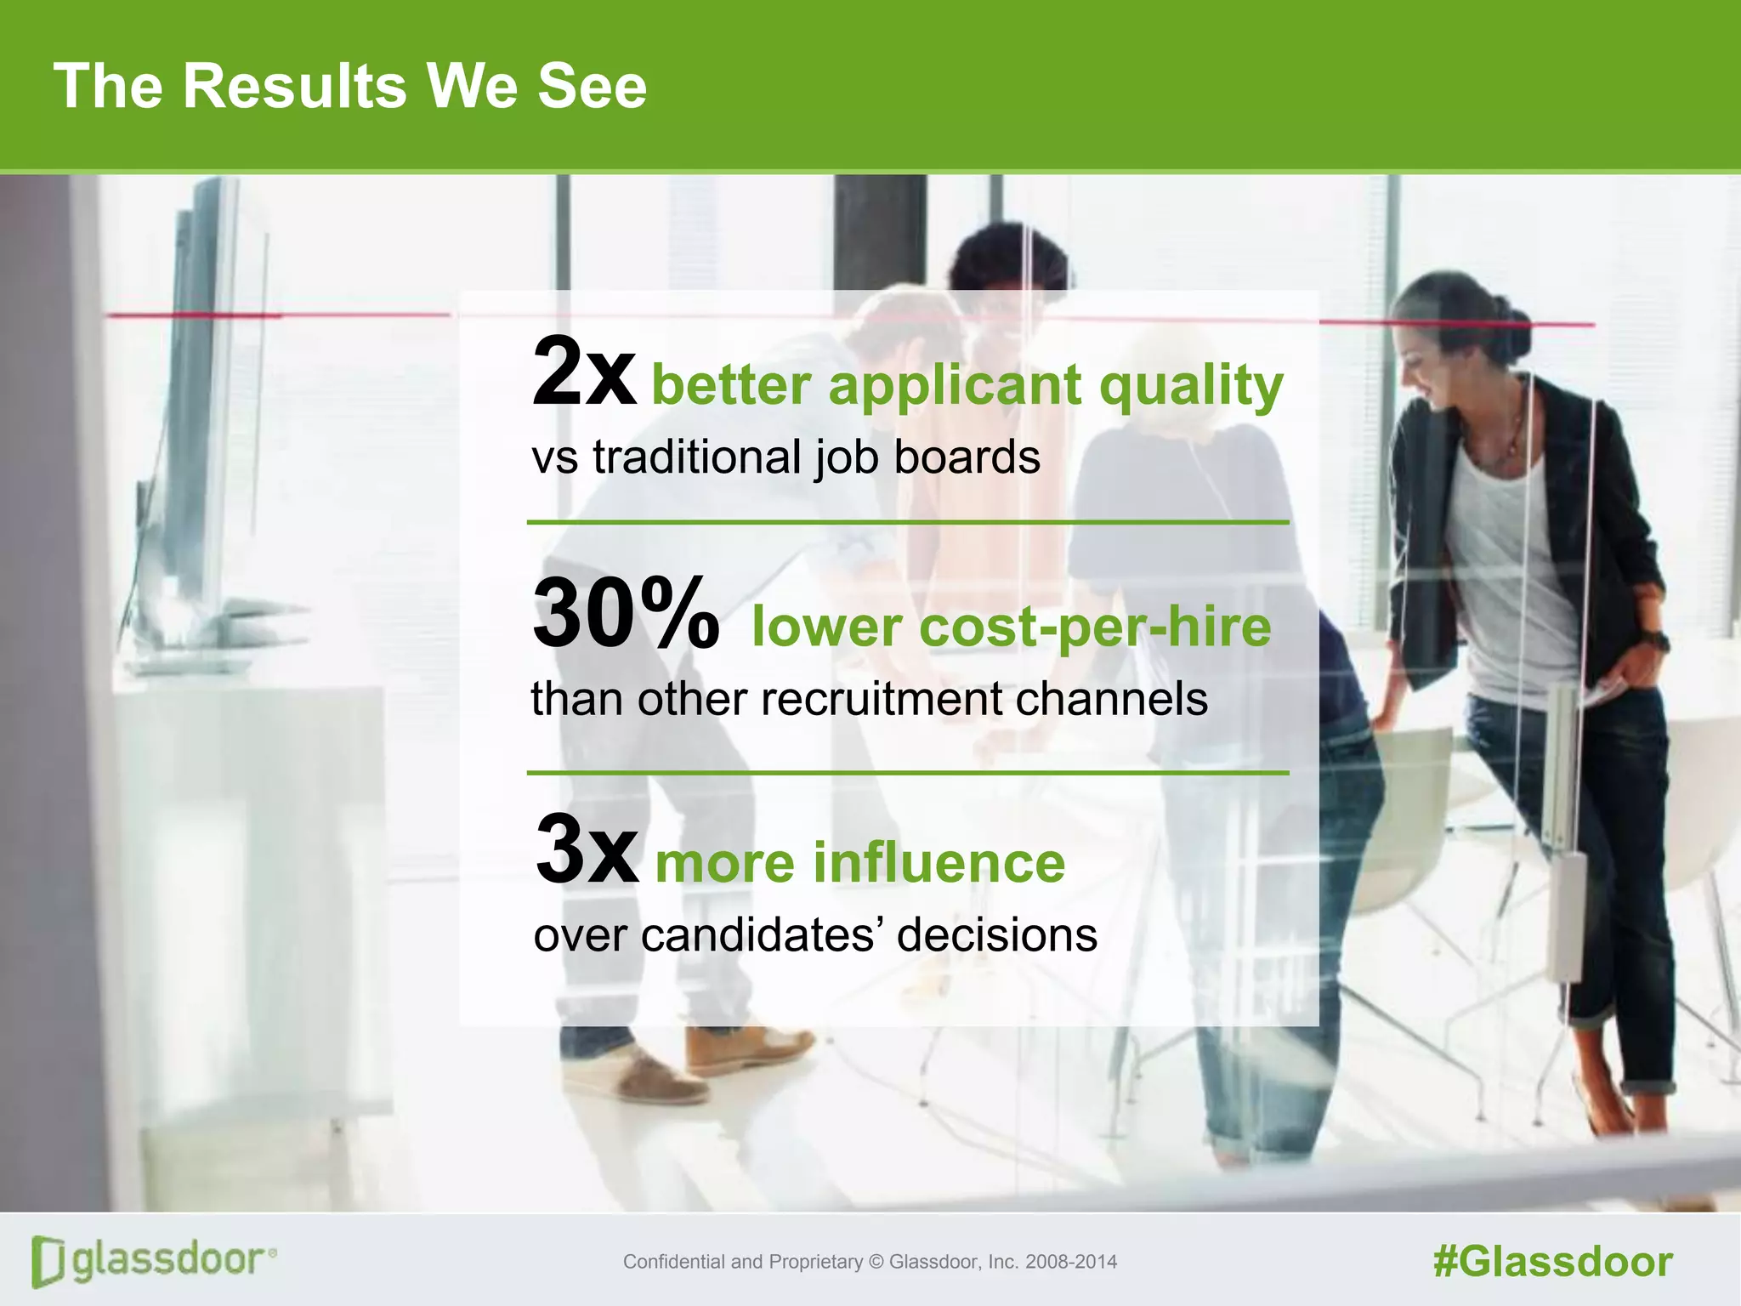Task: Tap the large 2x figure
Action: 583,372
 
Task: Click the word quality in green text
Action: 1190,387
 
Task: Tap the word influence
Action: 939,863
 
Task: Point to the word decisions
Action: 996,935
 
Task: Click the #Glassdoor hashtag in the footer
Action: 1552,1262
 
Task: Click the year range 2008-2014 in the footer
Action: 1071,1262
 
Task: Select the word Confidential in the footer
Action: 675,1262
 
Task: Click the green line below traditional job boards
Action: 907,522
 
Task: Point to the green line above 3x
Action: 907,773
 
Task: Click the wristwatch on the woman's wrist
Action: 1654,641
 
